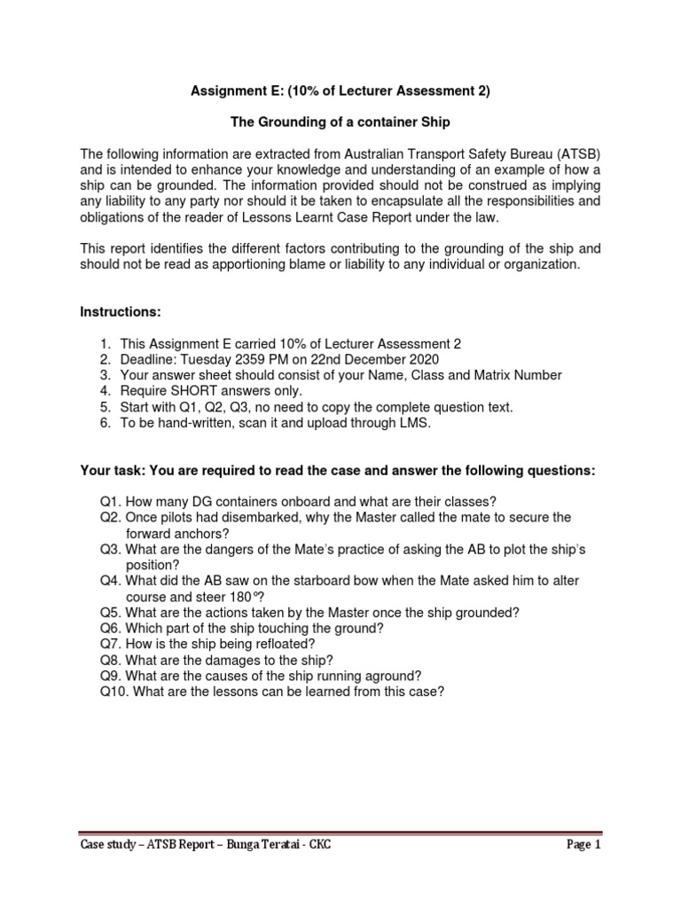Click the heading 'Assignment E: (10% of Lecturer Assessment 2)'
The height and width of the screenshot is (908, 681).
(340, 90)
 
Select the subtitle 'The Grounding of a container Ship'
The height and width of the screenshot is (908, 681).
(340, 121)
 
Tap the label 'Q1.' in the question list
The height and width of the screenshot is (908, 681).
(111, 501)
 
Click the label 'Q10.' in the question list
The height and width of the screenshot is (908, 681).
(114, 692)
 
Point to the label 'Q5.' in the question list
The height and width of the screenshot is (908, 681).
(111, 612)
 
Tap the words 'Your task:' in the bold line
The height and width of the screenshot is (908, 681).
(113, 470)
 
